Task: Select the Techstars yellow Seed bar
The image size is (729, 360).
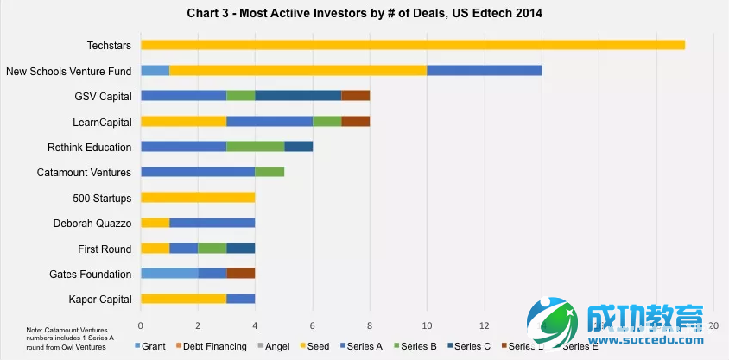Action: point(412,45)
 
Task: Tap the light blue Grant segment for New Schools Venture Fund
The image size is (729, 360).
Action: point(155,70)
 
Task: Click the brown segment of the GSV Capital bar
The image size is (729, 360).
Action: point(355,96)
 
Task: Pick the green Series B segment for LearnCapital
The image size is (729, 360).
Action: point(326,121)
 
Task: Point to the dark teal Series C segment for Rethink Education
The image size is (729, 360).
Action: point(298,147)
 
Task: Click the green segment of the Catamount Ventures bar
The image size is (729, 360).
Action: point(269,172)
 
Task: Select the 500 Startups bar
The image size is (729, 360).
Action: point(198,198)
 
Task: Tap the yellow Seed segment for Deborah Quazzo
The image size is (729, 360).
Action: point(155,223)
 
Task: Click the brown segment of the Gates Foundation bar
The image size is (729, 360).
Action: point(240,274)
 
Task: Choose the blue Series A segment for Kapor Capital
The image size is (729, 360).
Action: point(240,299)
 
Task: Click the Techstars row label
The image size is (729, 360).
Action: point(109,45)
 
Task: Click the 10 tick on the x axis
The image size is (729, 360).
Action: point(427,325)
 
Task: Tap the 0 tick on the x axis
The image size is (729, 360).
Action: point(141,325)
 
